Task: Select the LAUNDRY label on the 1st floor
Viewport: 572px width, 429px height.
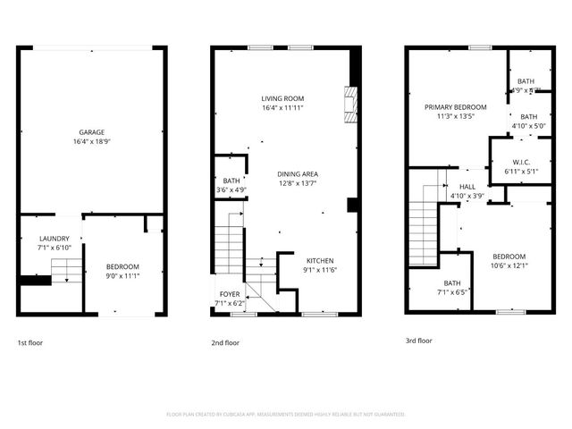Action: [54, 239]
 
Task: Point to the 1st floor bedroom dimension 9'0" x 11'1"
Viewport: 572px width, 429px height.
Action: [122, 275]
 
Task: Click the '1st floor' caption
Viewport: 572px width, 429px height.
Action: [29, 342]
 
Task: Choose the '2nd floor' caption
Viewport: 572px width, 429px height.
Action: [225, 342]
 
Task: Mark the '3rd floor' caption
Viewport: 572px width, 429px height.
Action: [418, 341]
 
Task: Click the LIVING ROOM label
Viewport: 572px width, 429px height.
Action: [282, 98]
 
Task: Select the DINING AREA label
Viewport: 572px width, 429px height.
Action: [298, 173]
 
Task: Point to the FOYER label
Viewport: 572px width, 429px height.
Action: [230, 294]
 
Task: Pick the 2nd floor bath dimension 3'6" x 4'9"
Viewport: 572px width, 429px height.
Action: [231, 190]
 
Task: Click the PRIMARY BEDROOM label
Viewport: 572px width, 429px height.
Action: [454, 106]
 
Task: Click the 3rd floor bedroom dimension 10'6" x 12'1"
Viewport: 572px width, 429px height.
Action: [509, 265]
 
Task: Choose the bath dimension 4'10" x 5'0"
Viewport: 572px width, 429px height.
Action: [528, 126]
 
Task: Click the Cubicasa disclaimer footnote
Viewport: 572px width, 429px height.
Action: [286, 414]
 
